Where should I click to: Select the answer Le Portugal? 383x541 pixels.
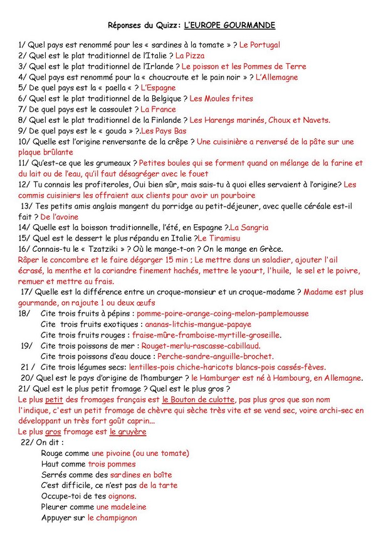pos(260,45)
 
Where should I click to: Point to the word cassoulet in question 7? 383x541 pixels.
pos(112,109)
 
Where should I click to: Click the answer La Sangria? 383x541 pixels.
pos(249,228)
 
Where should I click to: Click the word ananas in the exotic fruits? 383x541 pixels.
pos(159,324)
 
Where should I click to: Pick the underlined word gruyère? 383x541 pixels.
pos(128,431)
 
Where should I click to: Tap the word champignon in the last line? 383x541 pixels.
pos(112,517)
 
